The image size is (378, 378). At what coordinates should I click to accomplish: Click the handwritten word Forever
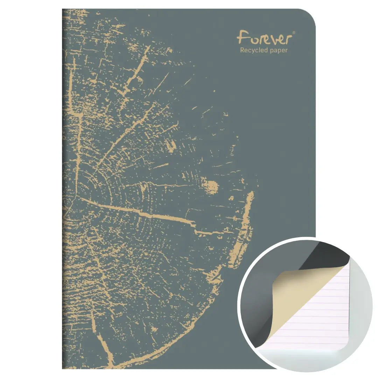tap(264, 37)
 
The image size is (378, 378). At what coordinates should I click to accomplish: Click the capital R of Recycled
tap(242, 50)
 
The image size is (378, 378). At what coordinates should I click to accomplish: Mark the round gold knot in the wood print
tap(211, 187)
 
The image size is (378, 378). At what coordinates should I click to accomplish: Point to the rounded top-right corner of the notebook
tap(309, 15)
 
